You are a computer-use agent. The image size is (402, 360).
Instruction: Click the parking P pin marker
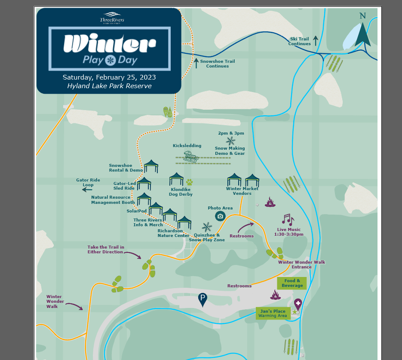click(203, 299)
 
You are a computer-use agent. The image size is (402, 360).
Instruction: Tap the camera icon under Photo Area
click(220, 216)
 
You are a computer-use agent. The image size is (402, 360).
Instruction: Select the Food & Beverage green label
click(292, 283)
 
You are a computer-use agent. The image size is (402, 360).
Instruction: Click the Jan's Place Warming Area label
click(273, 314)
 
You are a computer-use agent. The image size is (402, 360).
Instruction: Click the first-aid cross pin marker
click(298, 305)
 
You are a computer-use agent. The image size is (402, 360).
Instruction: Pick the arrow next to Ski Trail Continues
click(316, 41)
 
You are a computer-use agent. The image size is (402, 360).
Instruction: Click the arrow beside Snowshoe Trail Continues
click(196, 63)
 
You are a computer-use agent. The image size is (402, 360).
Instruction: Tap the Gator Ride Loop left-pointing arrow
click(88, 189)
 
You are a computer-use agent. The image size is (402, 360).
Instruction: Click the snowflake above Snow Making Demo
click(231, 141)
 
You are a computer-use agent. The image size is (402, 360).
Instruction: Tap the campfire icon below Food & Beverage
click(275, 295)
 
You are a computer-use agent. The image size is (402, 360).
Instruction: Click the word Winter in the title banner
click(109, 43)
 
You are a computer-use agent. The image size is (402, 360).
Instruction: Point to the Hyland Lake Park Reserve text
click(109, 86)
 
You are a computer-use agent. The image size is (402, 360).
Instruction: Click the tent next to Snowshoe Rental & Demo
click(151, 166)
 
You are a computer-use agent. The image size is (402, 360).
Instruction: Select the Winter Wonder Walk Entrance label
click(301, 264)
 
